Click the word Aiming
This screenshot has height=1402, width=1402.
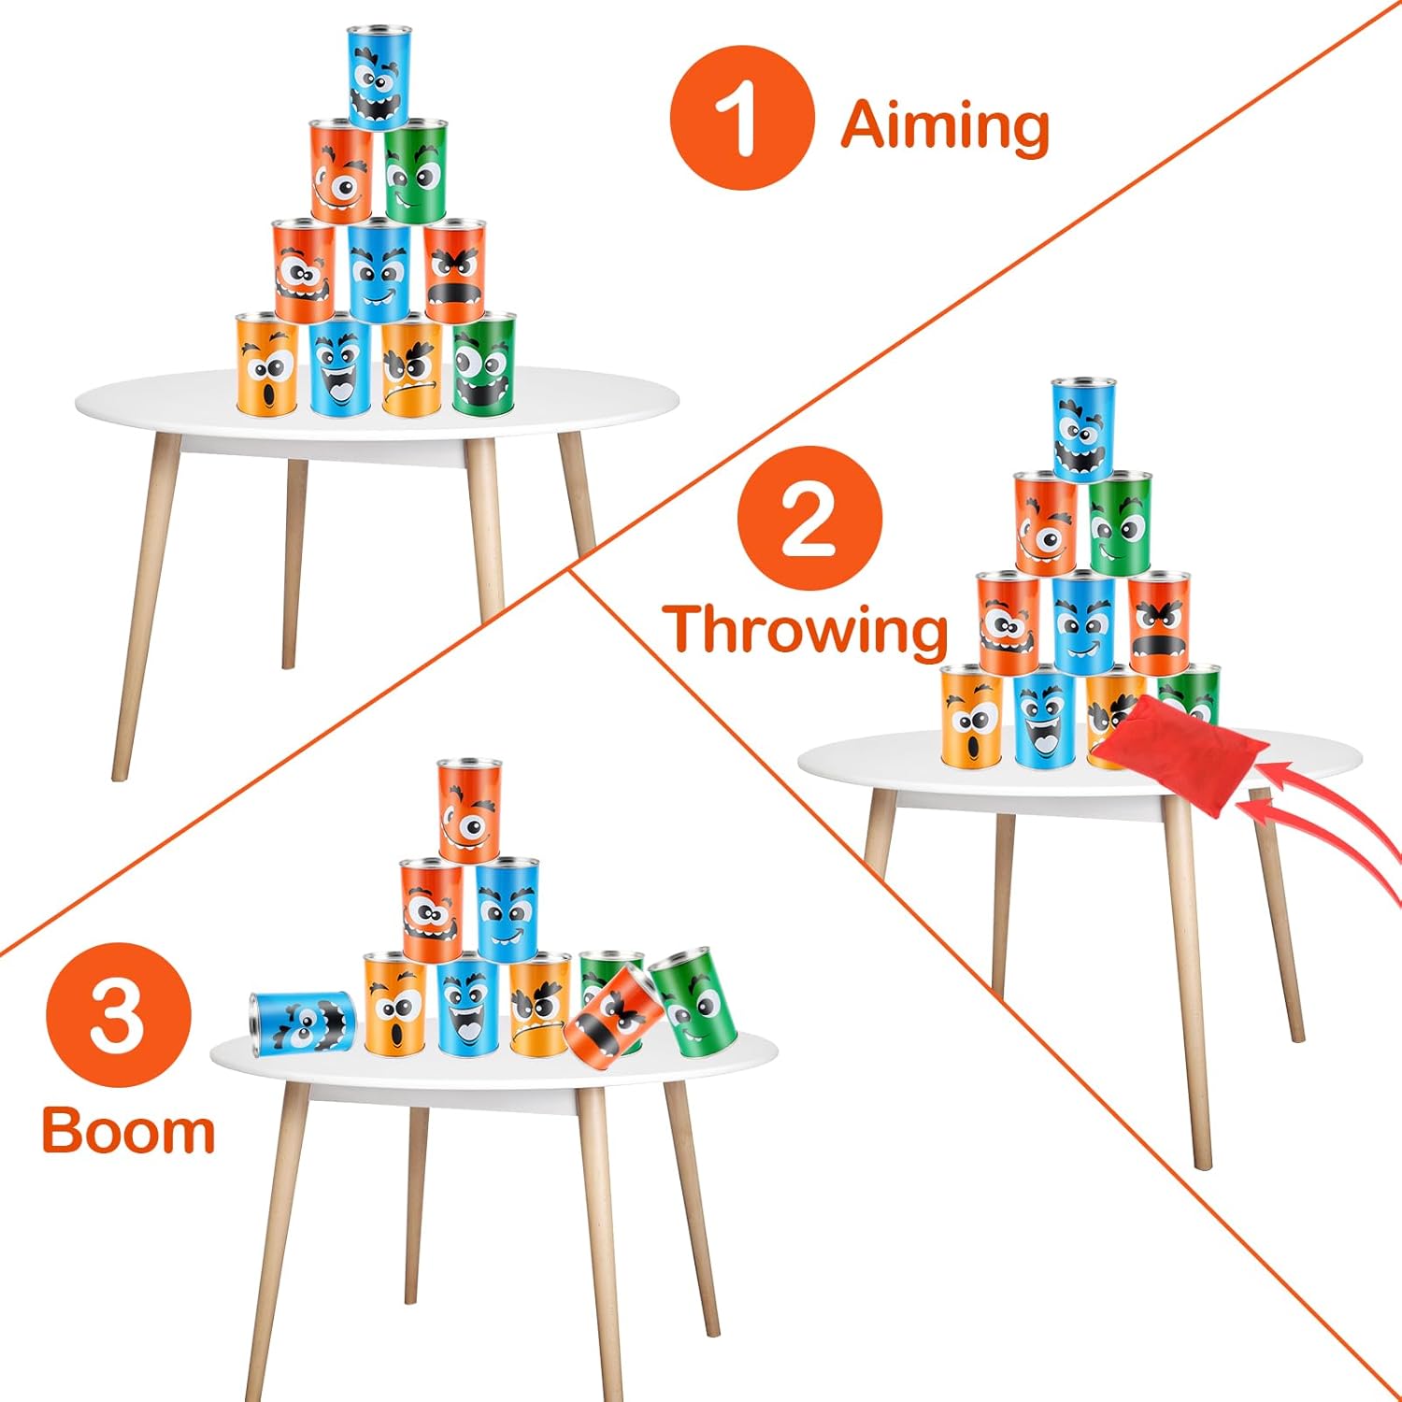pyautogui.click(x=944, y=126)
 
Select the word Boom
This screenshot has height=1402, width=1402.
pyautogui.click(x=128, y=1131)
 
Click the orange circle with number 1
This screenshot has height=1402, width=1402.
pyautogui.click(x=742, y=118)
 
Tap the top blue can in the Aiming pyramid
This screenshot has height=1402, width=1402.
pyautogui.click(x=378, y=77)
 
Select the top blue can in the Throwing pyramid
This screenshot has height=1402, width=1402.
pyautogui.click(x=1082, y=429)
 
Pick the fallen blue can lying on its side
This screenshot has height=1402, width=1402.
pyautogui.click(x=302, y=1024)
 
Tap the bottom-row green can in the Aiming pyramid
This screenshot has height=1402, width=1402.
pyautogui.click(x=484, y=363)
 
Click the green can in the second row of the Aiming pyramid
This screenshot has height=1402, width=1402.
pyautogui.click(x=415, y=170)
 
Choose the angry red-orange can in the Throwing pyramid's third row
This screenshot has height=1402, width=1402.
pyautogui.click(x=1159, y=622)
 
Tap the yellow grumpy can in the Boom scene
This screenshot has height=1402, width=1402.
pyautogui.click(x=539, y=1004)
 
